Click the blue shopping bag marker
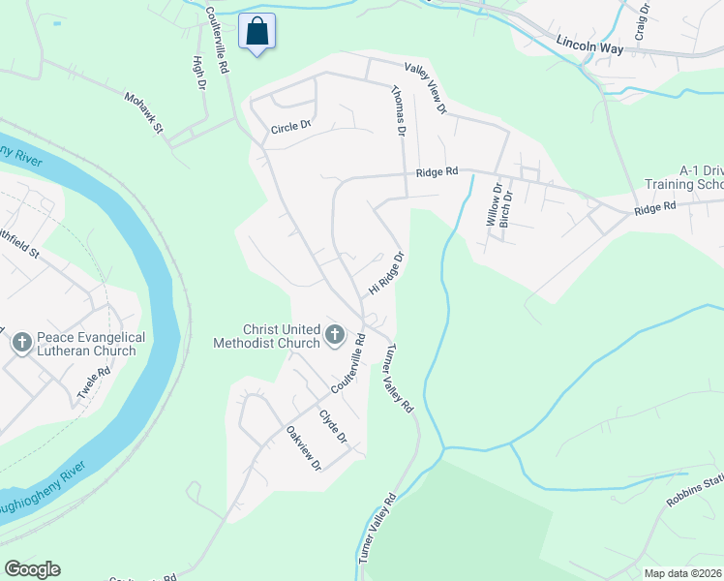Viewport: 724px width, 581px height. (256, 31)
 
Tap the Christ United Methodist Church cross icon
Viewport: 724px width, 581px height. (335, 336)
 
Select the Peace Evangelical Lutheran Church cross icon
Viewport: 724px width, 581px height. (21, 342)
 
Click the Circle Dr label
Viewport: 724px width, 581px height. (290, 127)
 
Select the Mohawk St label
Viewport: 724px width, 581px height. (143, 112)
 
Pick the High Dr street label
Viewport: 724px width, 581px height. (198, 73)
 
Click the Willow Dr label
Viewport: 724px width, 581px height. (494, 205)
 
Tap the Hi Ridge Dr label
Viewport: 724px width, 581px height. (384, 274)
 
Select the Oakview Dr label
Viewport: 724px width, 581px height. (303, 448)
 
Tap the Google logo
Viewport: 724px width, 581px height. (32, 569)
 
